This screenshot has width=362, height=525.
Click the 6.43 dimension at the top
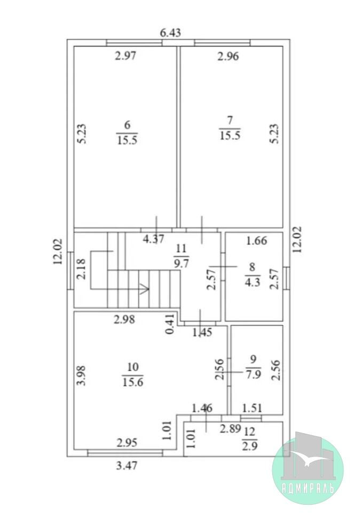point(170,33)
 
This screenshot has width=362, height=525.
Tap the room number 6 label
point(127,125)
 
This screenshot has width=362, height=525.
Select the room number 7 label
point(230,120)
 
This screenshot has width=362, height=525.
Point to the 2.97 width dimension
point(125,55)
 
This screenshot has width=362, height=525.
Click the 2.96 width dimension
point(229,56)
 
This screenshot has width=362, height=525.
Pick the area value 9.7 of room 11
point(181,263)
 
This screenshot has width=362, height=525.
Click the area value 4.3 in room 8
point(252,282)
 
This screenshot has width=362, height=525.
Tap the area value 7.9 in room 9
point(254,374)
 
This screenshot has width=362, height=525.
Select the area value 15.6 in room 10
point(133,382)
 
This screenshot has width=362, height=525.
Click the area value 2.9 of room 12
point(250,446)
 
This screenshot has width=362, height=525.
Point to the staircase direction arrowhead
point(145,288)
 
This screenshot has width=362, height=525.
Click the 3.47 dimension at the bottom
point(127,465)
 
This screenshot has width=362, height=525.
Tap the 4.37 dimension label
point(154,239)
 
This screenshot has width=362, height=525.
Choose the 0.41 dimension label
point(170,324)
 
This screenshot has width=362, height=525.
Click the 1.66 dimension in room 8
point(257,240)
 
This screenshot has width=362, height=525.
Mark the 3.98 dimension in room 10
point(81,375)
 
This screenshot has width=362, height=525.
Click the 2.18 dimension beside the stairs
point(81,269)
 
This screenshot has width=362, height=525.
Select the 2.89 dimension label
point(231,428)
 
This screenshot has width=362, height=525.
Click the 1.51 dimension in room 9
point(252,408)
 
